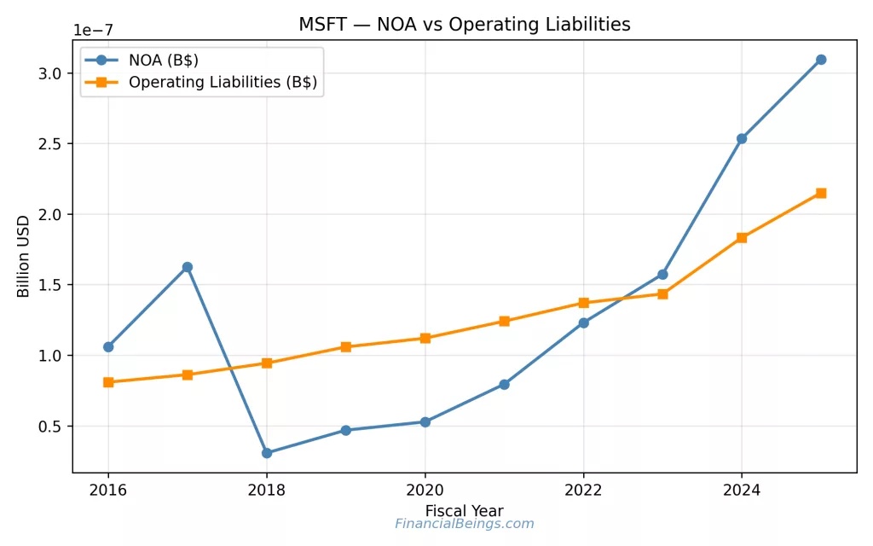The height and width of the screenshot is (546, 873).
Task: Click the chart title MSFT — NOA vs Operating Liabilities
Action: [x=464, y=25]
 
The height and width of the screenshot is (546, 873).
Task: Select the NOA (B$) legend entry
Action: [x=163, y=61]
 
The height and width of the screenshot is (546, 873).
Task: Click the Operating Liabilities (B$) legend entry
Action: [x=222, y=83]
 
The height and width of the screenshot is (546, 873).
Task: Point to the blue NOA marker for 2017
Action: [x=188, y=267]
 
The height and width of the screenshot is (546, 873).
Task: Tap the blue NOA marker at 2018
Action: [x=267, y=453]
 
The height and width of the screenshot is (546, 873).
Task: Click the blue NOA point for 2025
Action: [x=820, y=60]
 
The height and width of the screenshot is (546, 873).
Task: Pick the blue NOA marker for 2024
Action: [x=742, y=138]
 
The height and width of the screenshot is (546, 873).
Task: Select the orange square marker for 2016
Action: [x=108, y=382]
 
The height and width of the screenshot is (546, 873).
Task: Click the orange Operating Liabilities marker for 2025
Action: [x=820, y=193]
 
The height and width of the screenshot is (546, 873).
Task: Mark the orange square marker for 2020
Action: [x=425, y=338]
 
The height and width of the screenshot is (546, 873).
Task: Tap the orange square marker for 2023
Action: [x=662, y=294]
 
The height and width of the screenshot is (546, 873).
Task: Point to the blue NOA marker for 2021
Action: [x=504, y=385]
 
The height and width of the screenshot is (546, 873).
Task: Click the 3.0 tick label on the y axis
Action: [x=50, y=73]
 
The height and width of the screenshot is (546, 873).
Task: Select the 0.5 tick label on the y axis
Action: [x=50, y=427]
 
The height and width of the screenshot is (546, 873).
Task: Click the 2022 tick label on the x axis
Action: [x=583, y=491]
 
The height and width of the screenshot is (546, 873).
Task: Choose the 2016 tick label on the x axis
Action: [x=108, y=491]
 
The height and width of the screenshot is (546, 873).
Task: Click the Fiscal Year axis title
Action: [x=464, y=510]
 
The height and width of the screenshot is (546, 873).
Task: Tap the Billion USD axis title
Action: [x=24, y=256]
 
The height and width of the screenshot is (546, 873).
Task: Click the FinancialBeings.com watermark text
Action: [x=464, y=524]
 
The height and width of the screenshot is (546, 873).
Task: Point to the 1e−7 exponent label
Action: [x=93, y=30]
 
